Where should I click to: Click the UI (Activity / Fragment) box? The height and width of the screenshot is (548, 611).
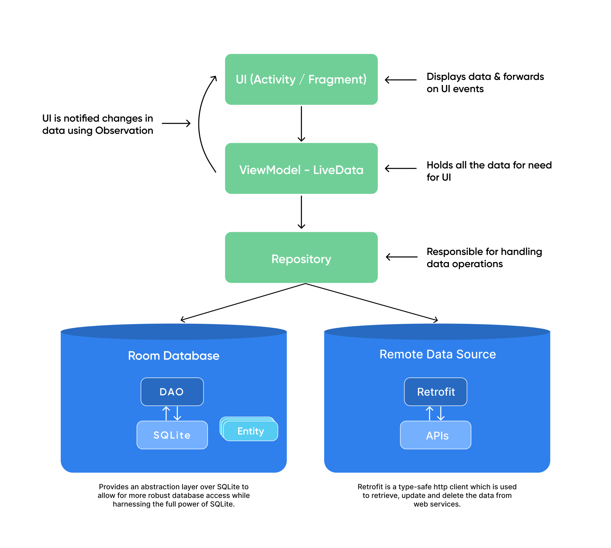[x=301, y=79]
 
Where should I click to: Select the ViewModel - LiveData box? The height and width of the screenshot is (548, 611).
[x=301, y=168]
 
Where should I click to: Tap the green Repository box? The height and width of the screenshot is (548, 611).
[x=301, y=257]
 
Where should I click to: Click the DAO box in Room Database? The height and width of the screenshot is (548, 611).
[x=172, y=392]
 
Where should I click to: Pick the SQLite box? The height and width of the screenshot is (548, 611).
[x=172, y=435]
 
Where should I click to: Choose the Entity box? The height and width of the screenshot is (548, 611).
[x=251, y=431]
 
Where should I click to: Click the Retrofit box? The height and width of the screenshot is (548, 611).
[x=436, y=392]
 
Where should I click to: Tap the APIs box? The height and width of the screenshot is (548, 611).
[x=436, y=435]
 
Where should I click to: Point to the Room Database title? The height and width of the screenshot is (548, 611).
[x=174, y=356]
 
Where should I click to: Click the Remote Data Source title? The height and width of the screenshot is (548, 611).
[x=437, y=354]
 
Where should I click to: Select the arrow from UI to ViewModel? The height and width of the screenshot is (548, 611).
[x=301, y=123]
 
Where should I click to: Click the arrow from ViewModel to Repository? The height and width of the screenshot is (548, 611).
[x=301, y=212]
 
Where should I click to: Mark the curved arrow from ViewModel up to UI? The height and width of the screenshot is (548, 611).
[x=200, y=123]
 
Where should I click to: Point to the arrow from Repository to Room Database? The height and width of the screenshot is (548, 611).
[x=241, y=302]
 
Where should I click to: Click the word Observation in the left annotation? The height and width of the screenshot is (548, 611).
[x=124, y=131]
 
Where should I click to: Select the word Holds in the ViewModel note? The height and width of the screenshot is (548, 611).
[x=439, y=165]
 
